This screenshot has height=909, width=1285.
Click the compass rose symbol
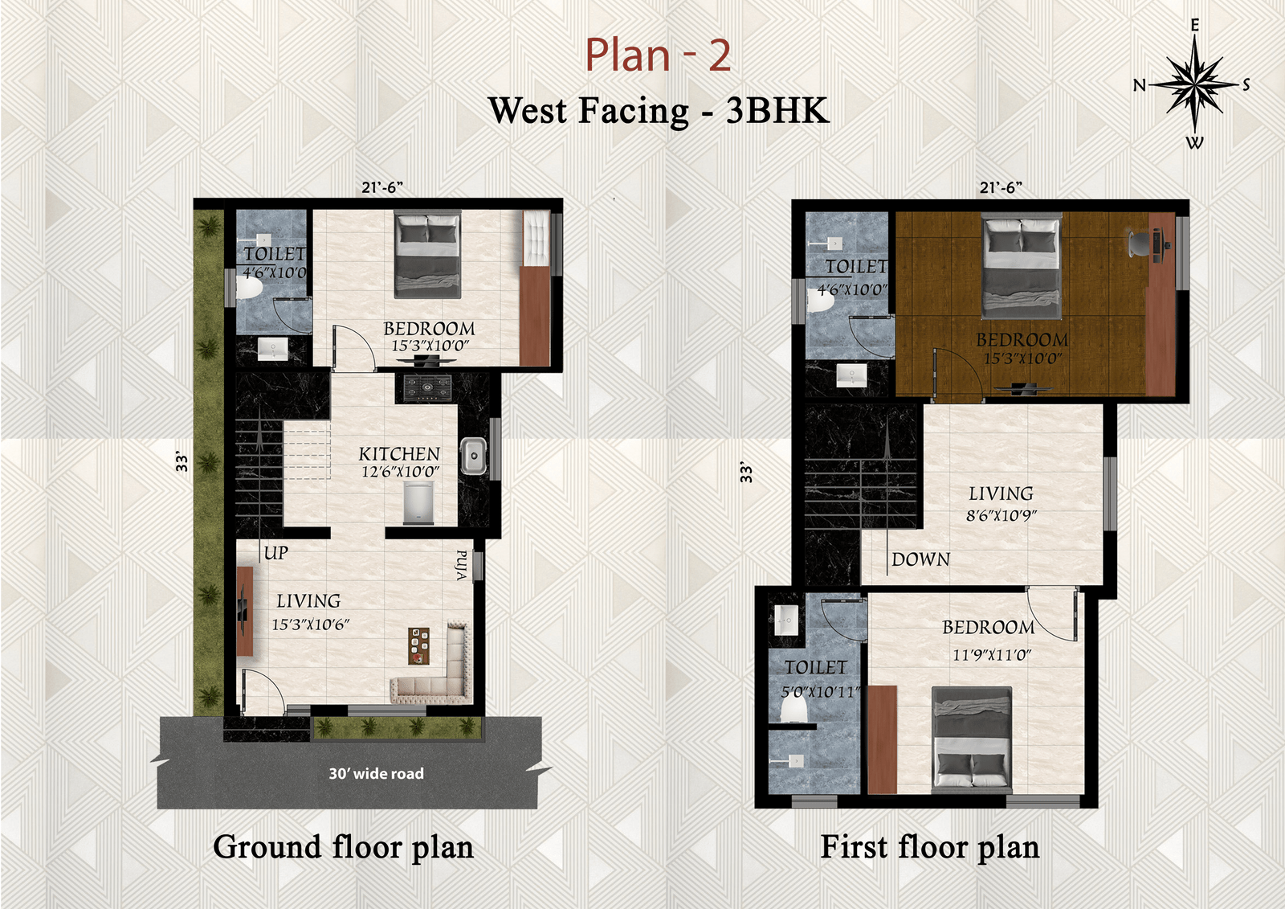pos(1194,84)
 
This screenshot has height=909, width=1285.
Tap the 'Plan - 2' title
pos(658,55)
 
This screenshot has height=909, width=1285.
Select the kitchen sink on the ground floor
pos(474,457)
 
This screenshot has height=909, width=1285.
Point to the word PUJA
pos(462,566)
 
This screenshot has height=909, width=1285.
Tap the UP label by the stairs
pos(276,553)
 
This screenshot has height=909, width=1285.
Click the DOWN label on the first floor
pos(920,559)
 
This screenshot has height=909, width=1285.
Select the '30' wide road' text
pos(377,773)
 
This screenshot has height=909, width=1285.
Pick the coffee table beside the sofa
pos(418,646)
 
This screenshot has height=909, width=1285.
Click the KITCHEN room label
pos(399,454)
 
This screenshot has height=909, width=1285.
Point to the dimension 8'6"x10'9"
pos(1001,515)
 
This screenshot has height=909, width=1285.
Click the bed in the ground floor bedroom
pos(428,254)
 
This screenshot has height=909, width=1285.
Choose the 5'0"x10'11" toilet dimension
pos(821,692)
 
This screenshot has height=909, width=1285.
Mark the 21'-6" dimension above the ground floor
pos(382,188)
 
